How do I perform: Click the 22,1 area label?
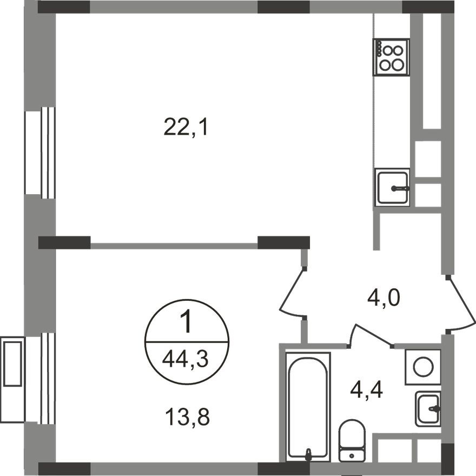pyautogui.click(x=186, y=128)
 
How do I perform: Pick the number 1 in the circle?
pyautogui.click(x=186, y=323)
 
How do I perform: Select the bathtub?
pyautogui.click(x=308, y=406)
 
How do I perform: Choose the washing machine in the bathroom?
pyautogui.click(x=423, y=367)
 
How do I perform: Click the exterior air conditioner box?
pyautogui.click(x=12, y=362)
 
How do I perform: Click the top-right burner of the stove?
pyautogui.click(x=398, y=51)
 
